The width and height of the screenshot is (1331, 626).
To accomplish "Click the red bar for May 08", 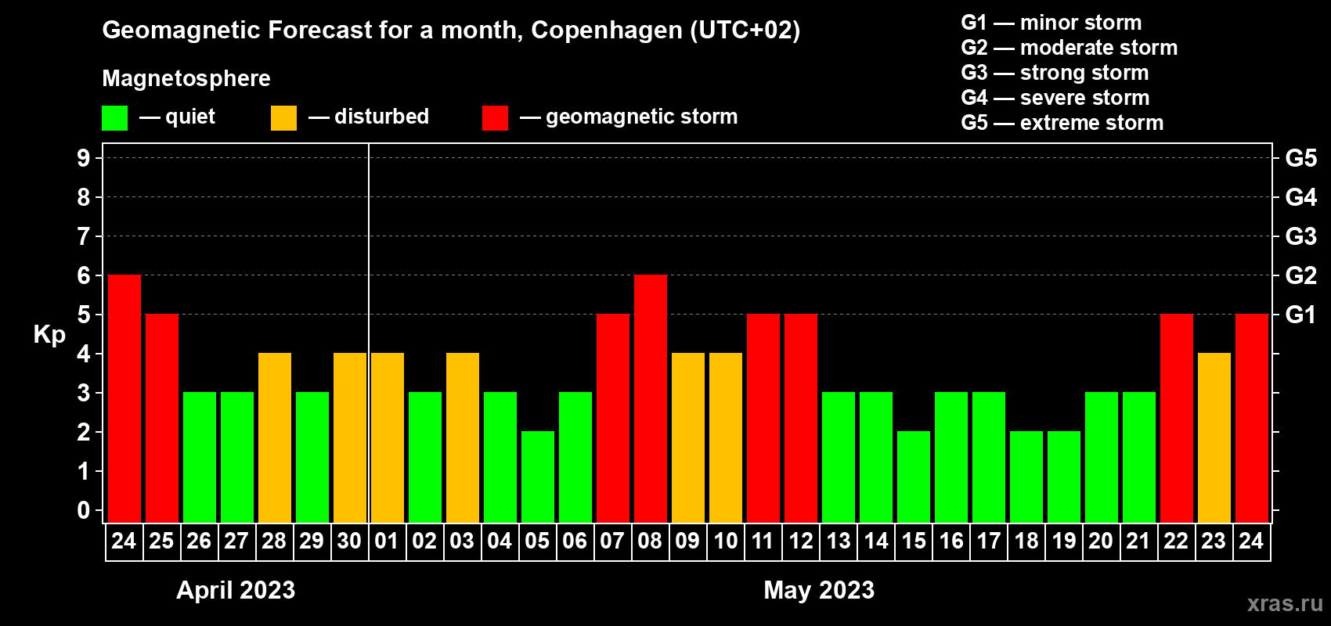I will (x=651, y=398).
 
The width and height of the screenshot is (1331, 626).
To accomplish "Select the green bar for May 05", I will (x=538, y=477).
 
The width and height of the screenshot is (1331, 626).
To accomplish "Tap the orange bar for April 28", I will (x=275, y=437).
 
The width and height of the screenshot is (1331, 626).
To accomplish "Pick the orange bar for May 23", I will (x=1214, y=437).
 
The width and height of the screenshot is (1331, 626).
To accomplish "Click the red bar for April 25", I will (x=162, y=418).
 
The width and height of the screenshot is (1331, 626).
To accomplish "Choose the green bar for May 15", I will (x=914, y=477).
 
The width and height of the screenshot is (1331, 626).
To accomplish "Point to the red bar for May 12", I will (x=801, y=418).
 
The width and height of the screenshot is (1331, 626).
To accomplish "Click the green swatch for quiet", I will (x=115, y=118).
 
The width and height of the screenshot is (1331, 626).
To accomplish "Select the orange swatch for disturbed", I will (x=283, y=118).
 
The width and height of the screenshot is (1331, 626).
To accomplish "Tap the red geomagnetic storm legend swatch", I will (x=495, y=118).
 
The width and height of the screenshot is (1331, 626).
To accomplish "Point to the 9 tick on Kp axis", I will (x=84, y=158).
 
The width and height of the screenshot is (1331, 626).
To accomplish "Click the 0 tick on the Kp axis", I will (x=84, y=511).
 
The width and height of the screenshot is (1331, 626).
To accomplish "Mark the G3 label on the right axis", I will (x=1300, y=236).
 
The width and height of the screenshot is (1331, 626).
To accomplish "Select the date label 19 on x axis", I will (x=1064, y=541).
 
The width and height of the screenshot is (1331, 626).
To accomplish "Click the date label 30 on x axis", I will (x=349, y=541).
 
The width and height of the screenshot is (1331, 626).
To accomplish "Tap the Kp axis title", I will (x=49, y=335).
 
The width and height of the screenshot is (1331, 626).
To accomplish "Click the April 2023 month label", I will (x=236, y=590).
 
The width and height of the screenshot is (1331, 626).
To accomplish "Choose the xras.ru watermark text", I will (x=1285, y=603).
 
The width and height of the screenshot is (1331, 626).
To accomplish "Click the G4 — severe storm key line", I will (x=1055, y=98).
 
